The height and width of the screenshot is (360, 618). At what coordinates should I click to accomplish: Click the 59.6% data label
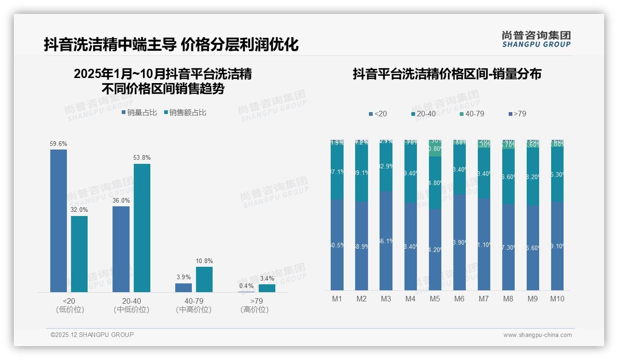click(x=58, y=144)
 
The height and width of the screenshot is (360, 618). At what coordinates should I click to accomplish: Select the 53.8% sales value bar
click(x=142, y=228)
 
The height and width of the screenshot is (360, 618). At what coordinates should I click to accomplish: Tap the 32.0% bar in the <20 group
click(x=79, y=254)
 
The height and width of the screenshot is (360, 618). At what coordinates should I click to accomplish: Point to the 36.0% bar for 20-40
click(x=121, y=249)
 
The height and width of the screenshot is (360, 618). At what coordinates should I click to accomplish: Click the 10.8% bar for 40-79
click(x=204, y=279)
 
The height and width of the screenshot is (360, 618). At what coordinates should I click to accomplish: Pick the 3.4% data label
click(x=267, y=278)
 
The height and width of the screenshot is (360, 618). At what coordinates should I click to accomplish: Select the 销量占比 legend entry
click(x=139, y=113)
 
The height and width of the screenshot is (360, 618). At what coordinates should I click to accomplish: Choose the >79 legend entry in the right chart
click(x=517, y=114)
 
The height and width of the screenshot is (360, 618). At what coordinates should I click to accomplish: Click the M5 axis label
click(x=435, y=299)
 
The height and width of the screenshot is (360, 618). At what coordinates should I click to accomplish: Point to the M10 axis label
click(x=557, y=299)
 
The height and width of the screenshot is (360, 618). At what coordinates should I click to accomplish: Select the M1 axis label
click(x=337, y=299)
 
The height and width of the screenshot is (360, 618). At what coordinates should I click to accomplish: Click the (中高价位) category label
click(x=194, y=310)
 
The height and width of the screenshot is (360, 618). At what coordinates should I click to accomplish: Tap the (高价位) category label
click(x=255, y=310)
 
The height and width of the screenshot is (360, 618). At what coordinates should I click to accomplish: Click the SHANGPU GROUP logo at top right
click(x=536, y=39)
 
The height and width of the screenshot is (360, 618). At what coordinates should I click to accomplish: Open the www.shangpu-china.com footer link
click(x=537, y=335)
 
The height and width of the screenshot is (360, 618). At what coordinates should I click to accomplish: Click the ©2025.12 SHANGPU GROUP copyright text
click(x=92, y=335)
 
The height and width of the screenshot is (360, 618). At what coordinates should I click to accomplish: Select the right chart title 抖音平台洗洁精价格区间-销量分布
click(x=447, y=74)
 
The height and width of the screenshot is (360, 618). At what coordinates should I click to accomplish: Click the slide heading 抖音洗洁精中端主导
click(x=110, y=45)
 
